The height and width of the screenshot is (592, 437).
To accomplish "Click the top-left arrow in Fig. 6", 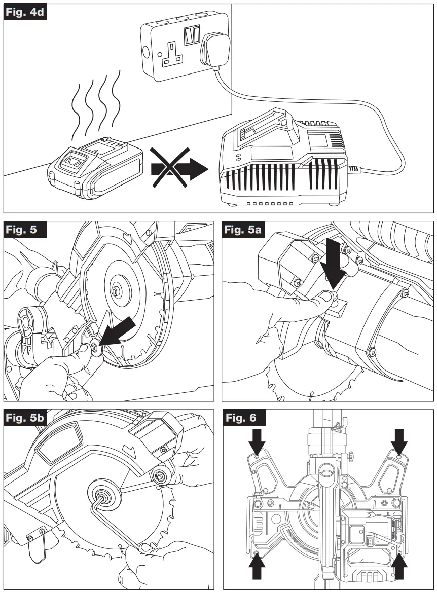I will [258, 441].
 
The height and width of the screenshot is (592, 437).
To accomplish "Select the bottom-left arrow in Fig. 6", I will [258, 567].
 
